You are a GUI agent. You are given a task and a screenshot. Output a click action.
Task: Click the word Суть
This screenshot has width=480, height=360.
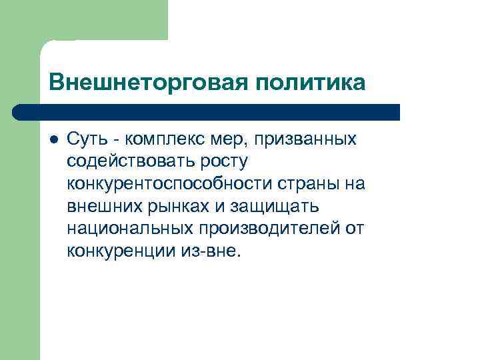tap(86, 139)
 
